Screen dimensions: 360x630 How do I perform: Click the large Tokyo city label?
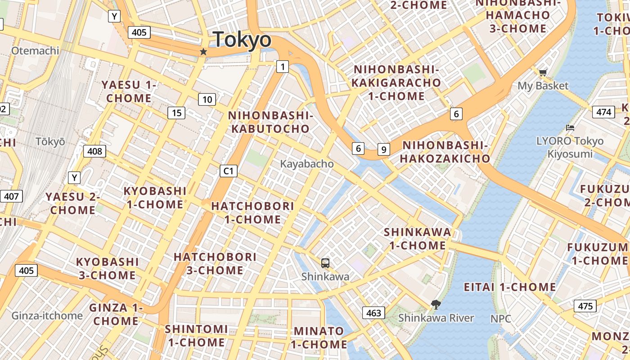coord(242,40)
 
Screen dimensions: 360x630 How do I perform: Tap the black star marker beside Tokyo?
coord(203,52)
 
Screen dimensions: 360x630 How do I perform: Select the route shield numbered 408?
coord(94,151)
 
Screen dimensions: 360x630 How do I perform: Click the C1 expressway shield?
coord(229,171)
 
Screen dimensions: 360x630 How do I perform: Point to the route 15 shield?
coord(176,113)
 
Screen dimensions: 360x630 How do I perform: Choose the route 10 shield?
coord(207,99)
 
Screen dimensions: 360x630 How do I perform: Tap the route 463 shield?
coord(373,313)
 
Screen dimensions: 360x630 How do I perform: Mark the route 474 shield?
coord(603,112)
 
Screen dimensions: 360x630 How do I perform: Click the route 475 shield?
coord(585,306)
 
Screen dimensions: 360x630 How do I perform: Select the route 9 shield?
coord(383,149)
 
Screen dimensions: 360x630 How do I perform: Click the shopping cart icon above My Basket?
coord(543,72)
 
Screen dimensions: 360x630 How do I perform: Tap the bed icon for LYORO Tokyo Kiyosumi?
coord(570,128)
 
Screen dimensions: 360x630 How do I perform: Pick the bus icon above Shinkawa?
coord(325,263)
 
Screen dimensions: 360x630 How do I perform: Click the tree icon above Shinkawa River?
coord(436,305)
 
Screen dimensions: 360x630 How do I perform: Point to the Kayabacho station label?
coord(307,164)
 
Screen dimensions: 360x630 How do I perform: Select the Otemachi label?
coord(35,50)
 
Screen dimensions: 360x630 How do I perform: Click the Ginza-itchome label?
coord(47,315)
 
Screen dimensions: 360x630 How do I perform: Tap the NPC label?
coord(501,319)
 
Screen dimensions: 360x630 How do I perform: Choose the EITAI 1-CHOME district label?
coord(510,287)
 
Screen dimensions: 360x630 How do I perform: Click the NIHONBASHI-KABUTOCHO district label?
coord(270,122)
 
